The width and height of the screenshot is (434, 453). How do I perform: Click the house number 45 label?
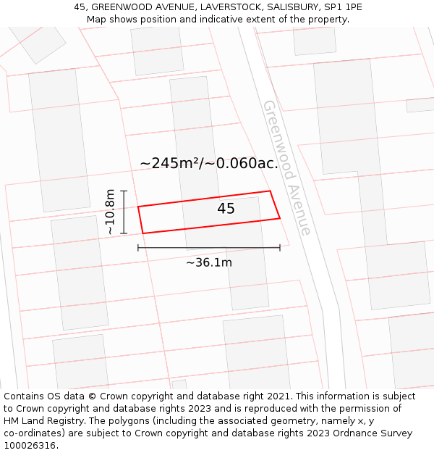click(x=226, y=209)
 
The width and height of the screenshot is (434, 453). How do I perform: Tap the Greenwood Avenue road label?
click(x=287, y=167)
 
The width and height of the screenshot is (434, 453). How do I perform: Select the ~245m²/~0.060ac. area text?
click(x=209, y=163)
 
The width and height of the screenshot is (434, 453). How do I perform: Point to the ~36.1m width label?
click(x=209, y=262)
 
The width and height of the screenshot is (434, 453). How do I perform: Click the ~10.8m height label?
click(x=110, y=212)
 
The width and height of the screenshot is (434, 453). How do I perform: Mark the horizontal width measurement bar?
click(x=209, y=248)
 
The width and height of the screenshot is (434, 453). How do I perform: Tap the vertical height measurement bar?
click(x=124, y=212)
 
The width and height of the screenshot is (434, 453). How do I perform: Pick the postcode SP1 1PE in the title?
click(x=344, y=7)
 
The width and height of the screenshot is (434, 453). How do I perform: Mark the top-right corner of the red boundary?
click(x=270, y=191)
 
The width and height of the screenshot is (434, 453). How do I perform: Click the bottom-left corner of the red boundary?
click(x=142, y=233)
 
